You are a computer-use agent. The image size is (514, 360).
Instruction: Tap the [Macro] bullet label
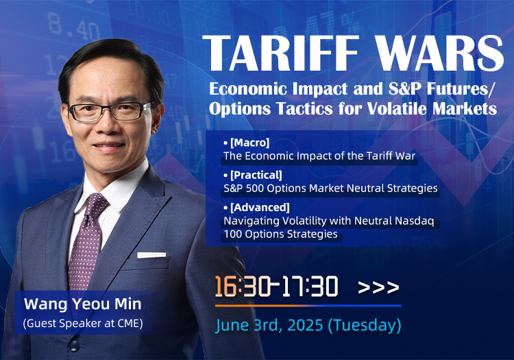pyautogui.click(x=249, y=143)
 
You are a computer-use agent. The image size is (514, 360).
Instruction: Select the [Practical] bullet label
pyautogui.click(x=256, y=175)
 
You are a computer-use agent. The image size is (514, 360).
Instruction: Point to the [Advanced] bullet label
pyautogui.click(x=260, y=208)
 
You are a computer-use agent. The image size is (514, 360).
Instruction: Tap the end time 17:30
pyautogui.click(x=310, y=286)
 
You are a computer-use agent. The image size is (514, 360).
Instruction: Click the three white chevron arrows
pyautogui.click(x=378, y=287)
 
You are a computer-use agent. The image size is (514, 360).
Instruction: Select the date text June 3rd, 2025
pyautogui.click(x=269, y=325)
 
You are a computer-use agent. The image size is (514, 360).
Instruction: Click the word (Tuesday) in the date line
pyautogui.click(x=365, y=325)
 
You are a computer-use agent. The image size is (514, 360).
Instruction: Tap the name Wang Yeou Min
pyautogui.click(x=83, y=304)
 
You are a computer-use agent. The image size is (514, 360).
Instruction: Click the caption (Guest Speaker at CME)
pyautogui.click(x=83, y=323)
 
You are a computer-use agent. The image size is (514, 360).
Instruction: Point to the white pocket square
pyautogui.click(x=151, y=255)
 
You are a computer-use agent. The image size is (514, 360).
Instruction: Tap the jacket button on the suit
pyautogui.click(x=74, y=345)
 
